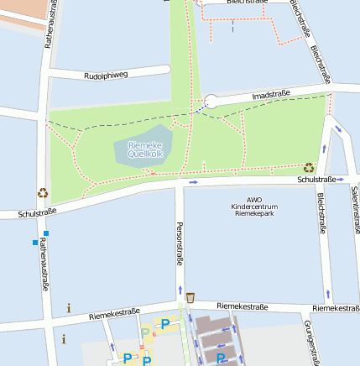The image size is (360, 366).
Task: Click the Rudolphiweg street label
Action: point(107,75)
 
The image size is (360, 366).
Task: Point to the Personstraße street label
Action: point(180,243)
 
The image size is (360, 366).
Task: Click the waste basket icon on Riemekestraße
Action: point(190,296)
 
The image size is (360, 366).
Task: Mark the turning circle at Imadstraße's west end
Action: point(211,101)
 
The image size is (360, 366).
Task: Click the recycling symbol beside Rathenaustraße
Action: point(43,192)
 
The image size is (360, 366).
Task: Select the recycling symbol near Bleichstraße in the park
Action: point(308,167)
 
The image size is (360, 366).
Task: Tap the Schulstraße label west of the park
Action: point(36,213)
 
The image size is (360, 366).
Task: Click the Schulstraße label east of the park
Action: point(316,180)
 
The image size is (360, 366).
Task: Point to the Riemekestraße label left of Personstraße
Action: point(114,313)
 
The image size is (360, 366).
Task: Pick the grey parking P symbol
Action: point(145,333)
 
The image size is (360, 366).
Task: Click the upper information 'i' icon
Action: point(69,308)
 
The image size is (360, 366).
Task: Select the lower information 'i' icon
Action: point(64,339)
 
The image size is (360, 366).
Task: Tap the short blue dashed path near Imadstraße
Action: point(199,108)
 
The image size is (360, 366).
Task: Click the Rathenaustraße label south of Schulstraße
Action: point(44,264)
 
